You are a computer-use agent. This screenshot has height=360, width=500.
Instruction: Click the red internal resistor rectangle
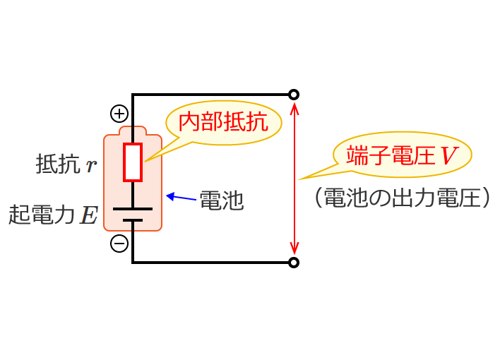(x=133, y=162)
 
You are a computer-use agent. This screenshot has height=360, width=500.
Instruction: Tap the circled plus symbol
(x=119, y=113)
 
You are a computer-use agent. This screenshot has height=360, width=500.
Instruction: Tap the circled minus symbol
(x=119, y=244)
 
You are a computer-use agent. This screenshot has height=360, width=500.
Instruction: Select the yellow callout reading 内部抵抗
(x=223, y=123)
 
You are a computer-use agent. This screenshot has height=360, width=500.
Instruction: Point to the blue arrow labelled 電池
(x=180, y=197)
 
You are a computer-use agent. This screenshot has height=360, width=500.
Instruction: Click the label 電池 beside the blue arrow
(x=222, y=200)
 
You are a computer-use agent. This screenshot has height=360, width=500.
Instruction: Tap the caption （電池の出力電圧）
(x=402, y=198)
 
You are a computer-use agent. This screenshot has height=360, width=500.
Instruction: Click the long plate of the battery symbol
(x=133, y=208)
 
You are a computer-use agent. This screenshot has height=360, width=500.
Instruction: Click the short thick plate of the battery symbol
(x=133, y=220)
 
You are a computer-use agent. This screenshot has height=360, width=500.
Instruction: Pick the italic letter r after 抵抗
(x=90, y=167)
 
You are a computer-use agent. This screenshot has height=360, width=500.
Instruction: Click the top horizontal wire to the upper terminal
(x=212, y=95)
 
